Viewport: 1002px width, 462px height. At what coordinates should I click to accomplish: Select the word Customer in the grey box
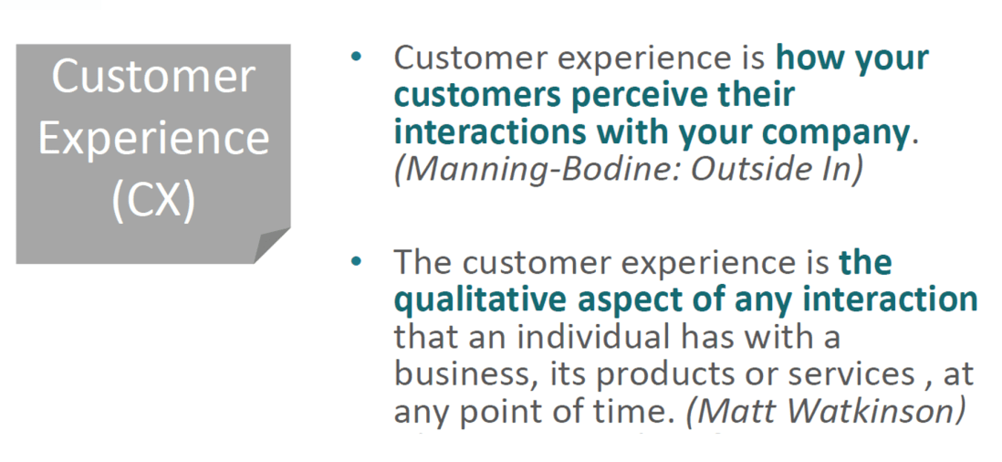[153, 77]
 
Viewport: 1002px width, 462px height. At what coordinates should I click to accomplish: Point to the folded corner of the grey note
[272, 245]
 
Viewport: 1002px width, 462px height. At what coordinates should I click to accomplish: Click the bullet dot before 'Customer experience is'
[356, 57]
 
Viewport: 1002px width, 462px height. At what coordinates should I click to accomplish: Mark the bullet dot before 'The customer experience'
[356, 261]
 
